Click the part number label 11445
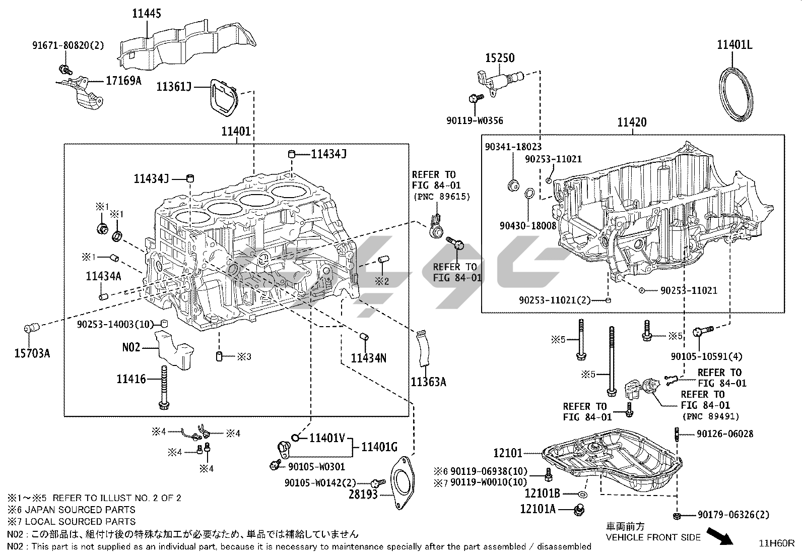click(x=147, y=13)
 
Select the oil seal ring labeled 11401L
click(x=736, y=95)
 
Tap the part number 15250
click(x=500, y=58)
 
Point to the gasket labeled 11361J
click(x=222, y=97)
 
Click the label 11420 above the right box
click(x=632, y=122)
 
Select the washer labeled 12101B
click(x=582, y=494)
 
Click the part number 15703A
click(x=32, y=353)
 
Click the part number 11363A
click(x=428, y=382)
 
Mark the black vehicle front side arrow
click(x=719, y=535)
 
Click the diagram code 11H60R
click(x=777, y=543)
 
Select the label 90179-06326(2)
click(x=733, y=515)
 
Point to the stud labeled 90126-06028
click(x=677, y=433)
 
